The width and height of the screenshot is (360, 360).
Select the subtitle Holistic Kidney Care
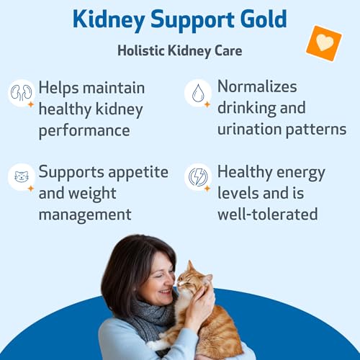pyautogui.click(x=179, y=50)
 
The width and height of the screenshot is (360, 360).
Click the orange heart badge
pyautogui.click(x=323, y=42)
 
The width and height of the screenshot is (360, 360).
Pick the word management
pyautogui.click(x=85, y=215)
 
